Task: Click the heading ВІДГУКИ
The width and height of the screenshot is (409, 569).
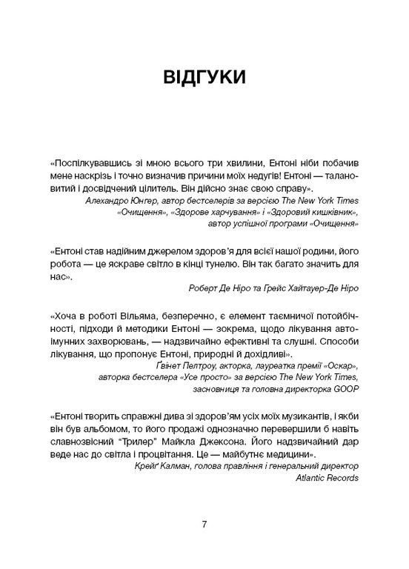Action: pyautogui.click(x=204, y=80)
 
